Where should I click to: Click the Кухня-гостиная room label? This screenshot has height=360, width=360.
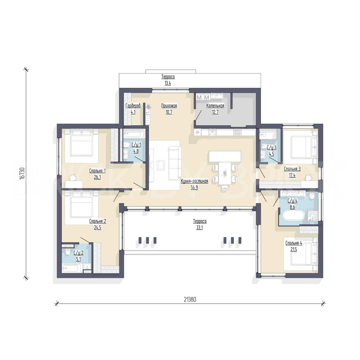point(194,181)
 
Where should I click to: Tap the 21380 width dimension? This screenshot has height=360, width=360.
point(190,299)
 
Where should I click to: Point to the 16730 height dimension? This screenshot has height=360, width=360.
point(22,173)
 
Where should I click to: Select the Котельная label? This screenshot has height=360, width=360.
point(215,106)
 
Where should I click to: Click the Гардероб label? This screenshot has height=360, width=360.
point(133,106)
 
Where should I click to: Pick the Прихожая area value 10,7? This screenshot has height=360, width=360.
point(169,112)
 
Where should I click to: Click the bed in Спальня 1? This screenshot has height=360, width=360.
point(82,143)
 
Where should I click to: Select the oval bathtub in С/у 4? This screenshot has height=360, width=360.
point(294,216)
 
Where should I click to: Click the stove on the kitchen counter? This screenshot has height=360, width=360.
point(237,132)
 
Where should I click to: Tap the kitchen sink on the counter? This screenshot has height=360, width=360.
point(213,132)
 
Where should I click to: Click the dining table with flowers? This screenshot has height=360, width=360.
point(225,173)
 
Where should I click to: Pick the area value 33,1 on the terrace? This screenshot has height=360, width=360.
point(200,228)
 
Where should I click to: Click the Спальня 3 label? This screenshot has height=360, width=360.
point(292,169)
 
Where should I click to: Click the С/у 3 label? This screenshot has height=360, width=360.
point(272,148)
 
